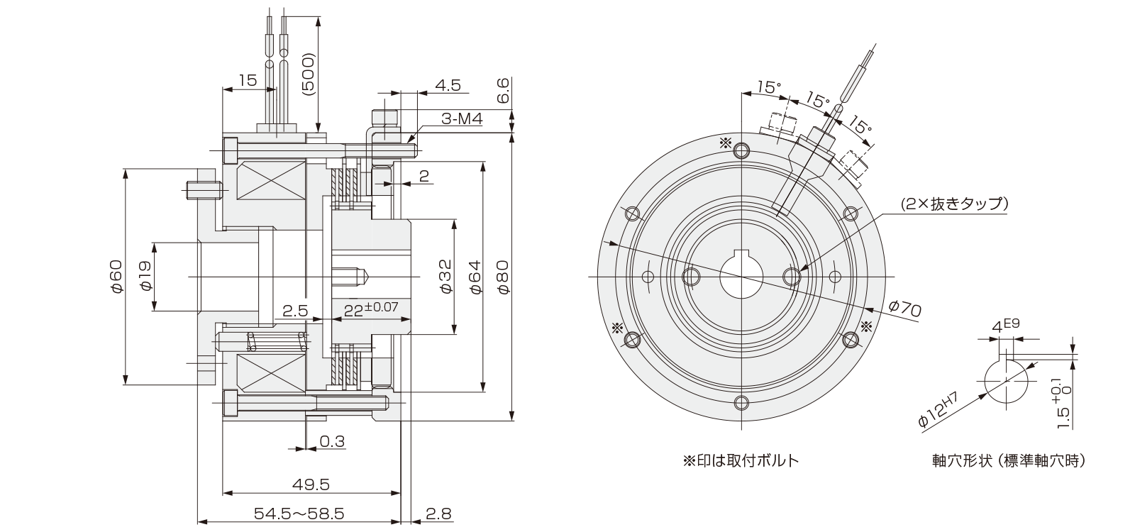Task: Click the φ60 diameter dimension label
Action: point(116,277)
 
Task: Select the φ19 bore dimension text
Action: point(145,277)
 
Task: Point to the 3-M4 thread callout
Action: point(461,121)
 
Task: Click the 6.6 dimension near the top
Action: point(503,92)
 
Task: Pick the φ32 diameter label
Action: point(445,277)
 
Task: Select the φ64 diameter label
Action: point(474,277)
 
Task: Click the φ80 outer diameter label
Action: point(503,277)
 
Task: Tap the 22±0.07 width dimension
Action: point(370,310)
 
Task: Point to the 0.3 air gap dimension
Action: point(332,442)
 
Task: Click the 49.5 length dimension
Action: point(311,484)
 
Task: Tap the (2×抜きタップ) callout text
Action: point(955,204)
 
